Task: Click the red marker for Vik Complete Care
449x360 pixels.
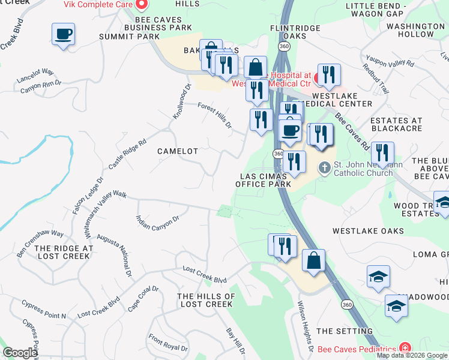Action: click(142, 5)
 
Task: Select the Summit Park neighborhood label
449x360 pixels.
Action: click(129, 37)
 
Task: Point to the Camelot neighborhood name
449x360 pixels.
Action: click(178, 151)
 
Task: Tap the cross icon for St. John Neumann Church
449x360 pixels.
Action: click(325, 167)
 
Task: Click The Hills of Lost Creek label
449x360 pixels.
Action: click(206, 301)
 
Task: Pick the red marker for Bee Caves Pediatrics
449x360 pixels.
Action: click(406, 349)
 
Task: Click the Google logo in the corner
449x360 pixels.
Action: click(20, 353)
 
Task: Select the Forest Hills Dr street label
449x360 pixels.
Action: click(215, 115)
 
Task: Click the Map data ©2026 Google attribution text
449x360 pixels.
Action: click(412, 355)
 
